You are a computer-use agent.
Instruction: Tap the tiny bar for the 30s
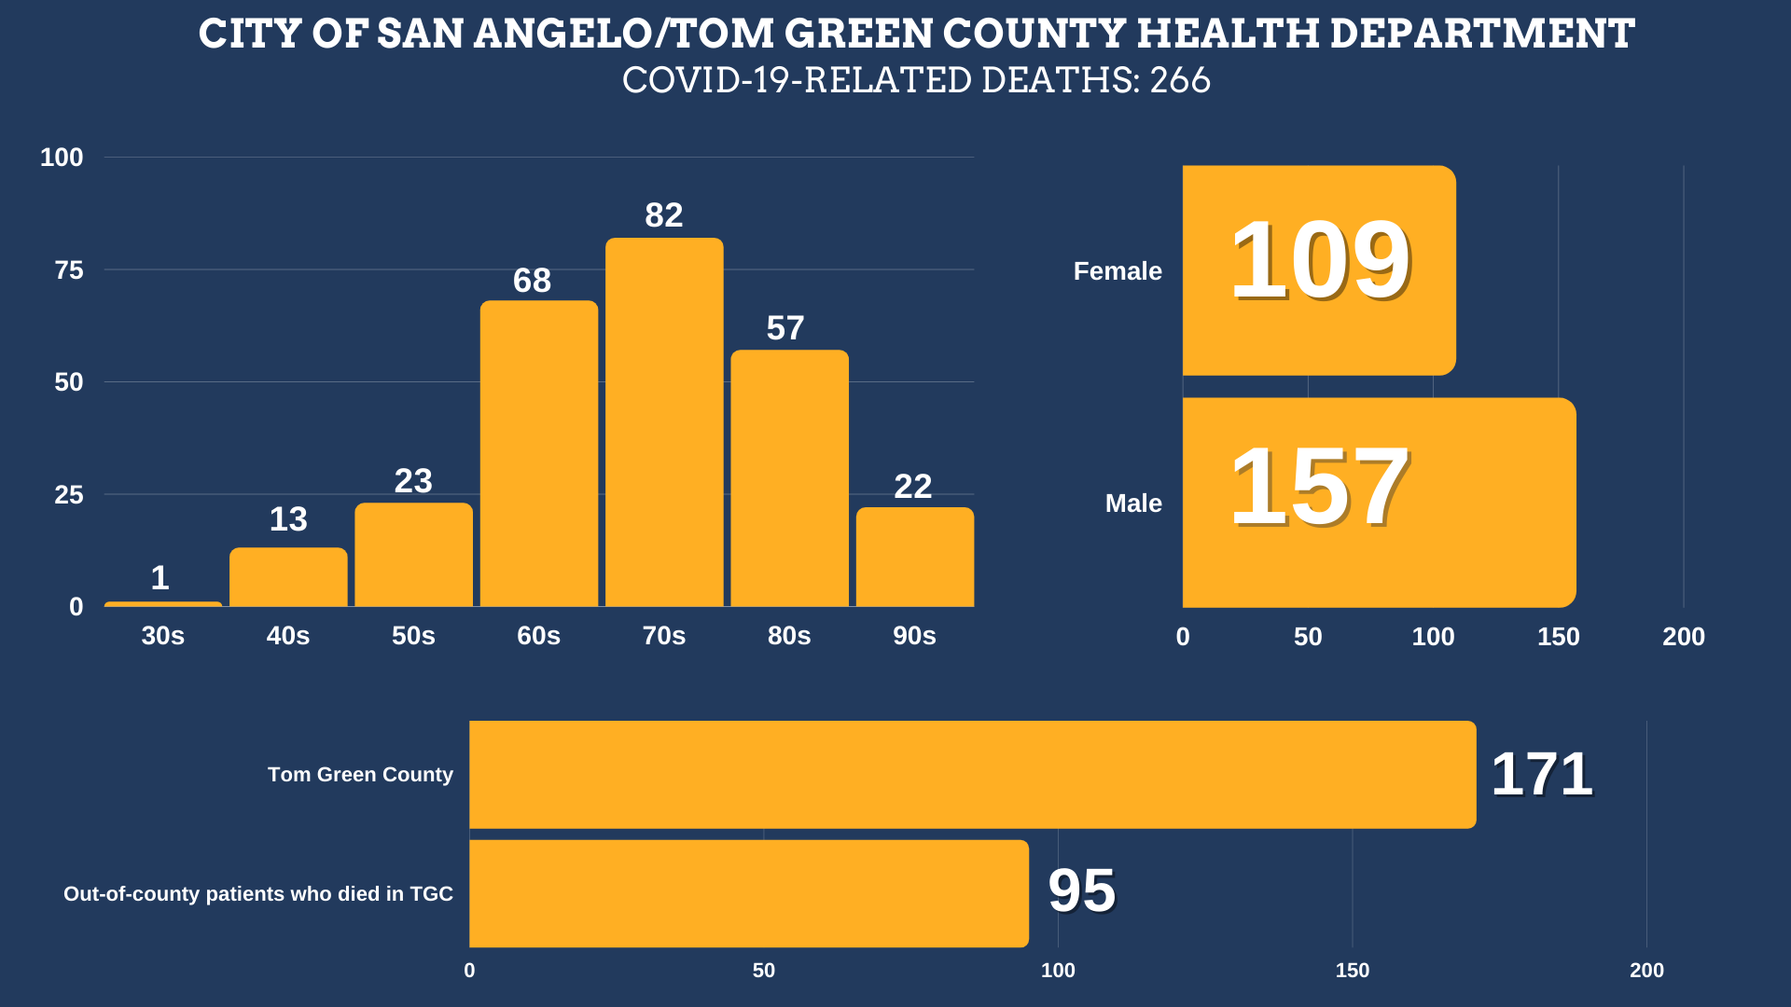pyautogui.click(x=163, y=604)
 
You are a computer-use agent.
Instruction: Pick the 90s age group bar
pyautogui.click(x=915, y=557)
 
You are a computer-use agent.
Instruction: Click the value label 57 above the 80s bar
pyautogui.click(x=785, y=328)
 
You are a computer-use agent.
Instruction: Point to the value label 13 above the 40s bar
pyautogui.click(x=288, y=519)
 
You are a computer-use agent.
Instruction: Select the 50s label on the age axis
pyautogui.click(x=413, y=636)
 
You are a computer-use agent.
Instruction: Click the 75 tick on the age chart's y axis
pyautogui.click(x=69, y=270)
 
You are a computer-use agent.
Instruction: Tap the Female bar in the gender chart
pyautogui.click(x=1319, y=270)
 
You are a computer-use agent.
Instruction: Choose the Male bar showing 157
pyautogui.click(x=1379, y=503)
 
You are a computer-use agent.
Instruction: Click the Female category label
pyautogui.click(x=1118, y=271)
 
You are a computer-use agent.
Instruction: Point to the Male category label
pyautogui.click(x=1133, y=504)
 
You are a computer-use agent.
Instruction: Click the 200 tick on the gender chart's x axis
pyautogui.click(x=1684, y=637)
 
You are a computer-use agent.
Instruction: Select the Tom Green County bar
pyautogui.click(x=972, y=774)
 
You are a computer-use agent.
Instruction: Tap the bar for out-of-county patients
pyautogui.click(x=748, y=893)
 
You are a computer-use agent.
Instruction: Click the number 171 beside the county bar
pyautogui.click(x=1542, y=774)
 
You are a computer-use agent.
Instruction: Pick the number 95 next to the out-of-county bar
pyautogui.click(x=1082, y=890)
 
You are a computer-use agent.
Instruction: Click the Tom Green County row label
pyautogui.click(x=360, y=775)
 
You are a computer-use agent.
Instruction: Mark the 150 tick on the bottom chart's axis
pyautogui.click(x=1353, y=971)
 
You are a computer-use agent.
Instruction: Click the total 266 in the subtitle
pyautogui.click(x=1180, y=80)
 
